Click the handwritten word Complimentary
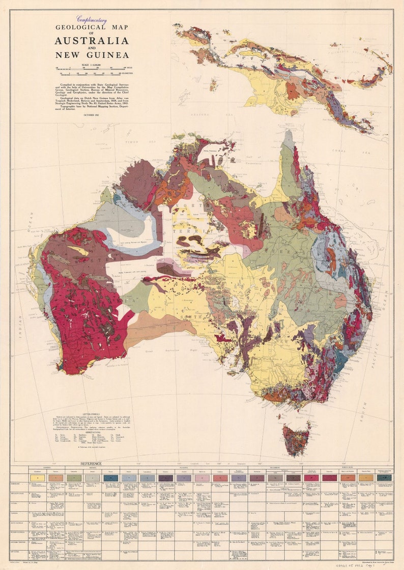[92, 20]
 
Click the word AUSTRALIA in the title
[92, 41]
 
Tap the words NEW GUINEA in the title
[92, 55]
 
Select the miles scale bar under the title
[92, 68]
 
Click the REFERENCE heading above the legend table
[91, 464]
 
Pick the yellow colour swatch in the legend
[34, 478]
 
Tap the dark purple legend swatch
[166, 478]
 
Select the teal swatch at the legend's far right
[384, 478]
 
